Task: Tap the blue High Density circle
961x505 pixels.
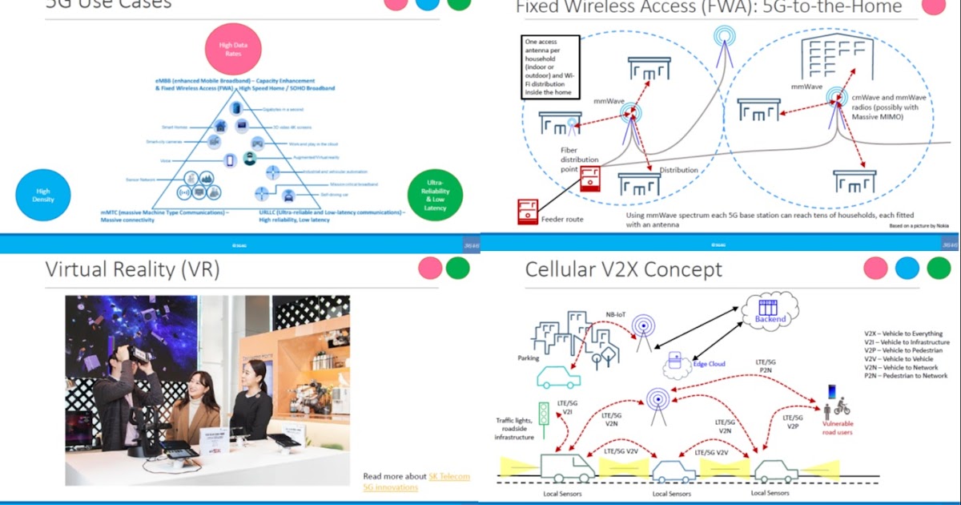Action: coord(43,196)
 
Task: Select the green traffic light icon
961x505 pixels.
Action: coord(544,415)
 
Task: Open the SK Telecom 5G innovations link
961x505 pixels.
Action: coord(416,482)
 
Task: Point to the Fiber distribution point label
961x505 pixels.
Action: coord(579,159)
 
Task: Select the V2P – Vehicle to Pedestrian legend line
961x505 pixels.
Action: coord(903,350)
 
